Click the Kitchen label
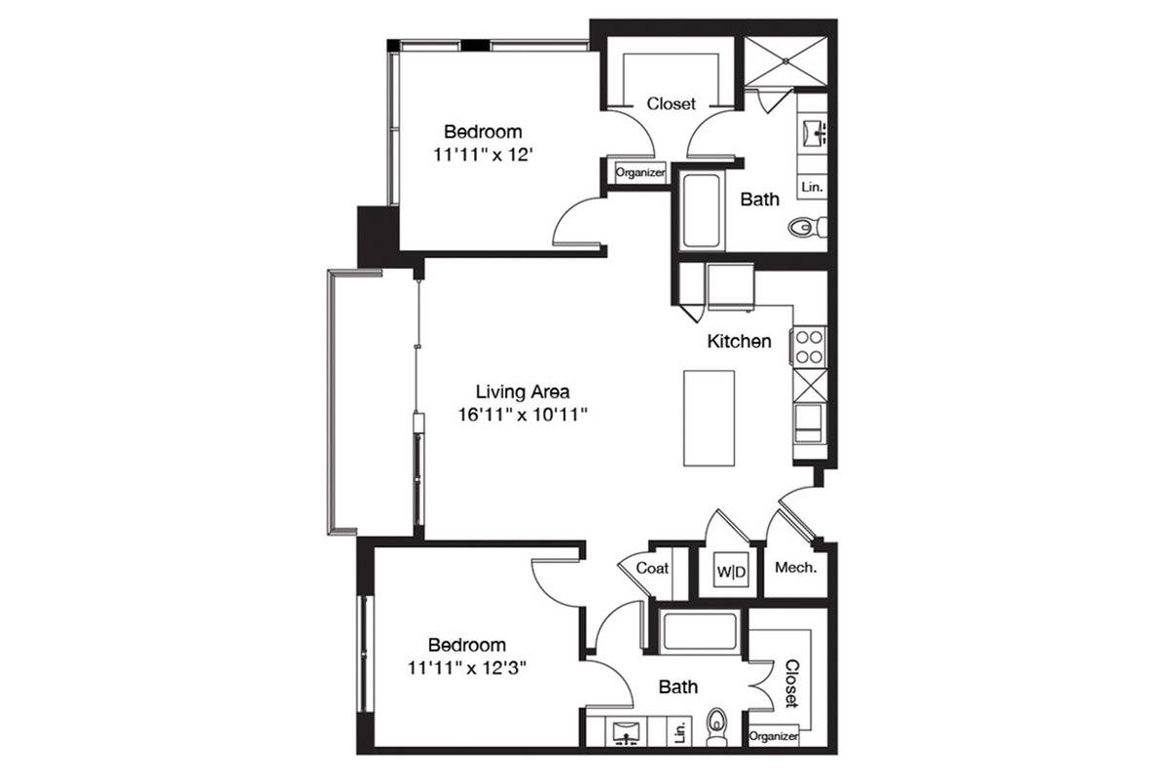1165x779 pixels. point(739,341)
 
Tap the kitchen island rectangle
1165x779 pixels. point(709,419)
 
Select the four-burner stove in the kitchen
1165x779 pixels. point(809,347)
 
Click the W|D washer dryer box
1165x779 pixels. point(730,571)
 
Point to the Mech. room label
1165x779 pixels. point(795,568)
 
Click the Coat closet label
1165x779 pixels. point(652,569)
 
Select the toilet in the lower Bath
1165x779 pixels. point(716,727)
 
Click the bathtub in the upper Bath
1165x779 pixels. point(700,211)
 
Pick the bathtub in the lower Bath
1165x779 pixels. point(699,632)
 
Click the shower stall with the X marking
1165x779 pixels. point(785,61)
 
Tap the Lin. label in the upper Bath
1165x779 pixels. point(812,187)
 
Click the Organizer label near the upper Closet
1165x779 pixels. point(639,172)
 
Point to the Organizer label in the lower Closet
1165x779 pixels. point(774,736)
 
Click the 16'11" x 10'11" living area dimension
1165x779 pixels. point(523,415)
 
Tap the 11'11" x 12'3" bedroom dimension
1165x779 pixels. point(466,667)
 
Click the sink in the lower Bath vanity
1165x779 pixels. point(627,733)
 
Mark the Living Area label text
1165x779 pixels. point(523,391)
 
